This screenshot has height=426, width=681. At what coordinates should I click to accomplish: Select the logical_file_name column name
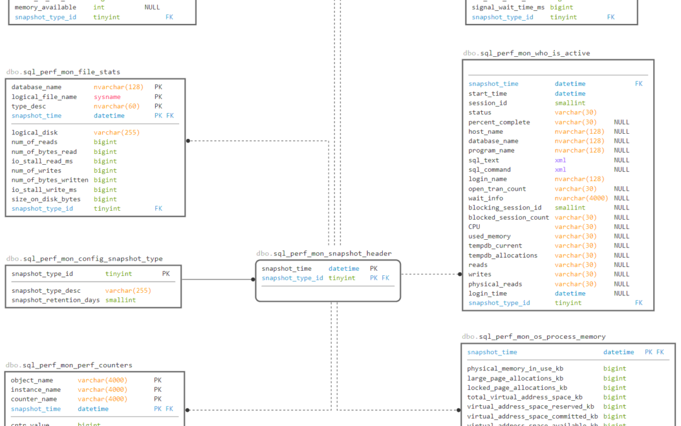point(44,97)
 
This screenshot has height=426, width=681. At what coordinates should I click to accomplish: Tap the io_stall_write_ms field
point(44,189)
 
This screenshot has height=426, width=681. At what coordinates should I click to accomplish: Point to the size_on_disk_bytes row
point(46,199)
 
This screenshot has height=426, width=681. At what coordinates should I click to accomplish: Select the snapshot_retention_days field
point(55,300)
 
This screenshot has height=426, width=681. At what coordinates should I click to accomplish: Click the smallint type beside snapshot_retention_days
point(120,300)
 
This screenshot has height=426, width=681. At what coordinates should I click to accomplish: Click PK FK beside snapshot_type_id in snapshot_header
point(380,278)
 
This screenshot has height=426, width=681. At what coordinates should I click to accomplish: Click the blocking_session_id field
point(504,208)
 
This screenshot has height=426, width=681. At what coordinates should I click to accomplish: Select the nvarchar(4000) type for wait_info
point(581,198)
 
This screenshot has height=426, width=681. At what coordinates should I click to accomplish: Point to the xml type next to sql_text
point(561,160)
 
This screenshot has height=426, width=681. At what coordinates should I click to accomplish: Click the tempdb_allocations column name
point(503,256)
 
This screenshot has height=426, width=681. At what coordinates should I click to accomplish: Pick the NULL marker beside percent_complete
point(621,122)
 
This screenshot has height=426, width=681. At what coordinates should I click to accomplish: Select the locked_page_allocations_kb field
point(516,388)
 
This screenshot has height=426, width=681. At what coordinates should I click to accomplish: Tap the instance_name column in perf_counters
point(36,390)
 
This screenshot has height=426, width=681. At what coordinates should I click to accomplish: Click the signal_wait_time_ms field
point(508,8)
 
